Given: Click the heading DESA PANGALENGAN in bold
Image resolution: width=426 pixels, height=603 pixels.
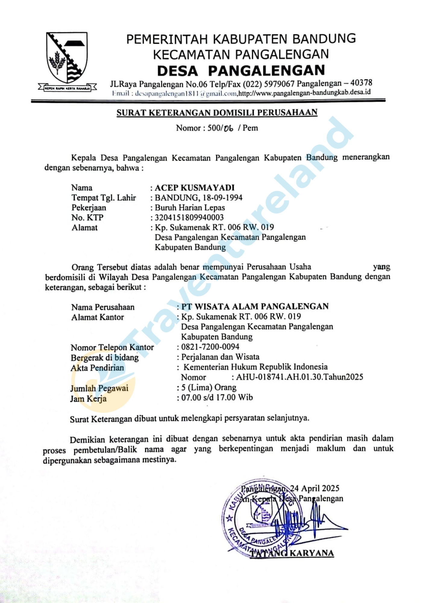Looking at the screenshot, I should pos(241,71).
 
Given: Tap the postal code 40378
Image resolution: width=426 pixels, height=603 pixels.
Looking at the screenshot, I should pos(361,83).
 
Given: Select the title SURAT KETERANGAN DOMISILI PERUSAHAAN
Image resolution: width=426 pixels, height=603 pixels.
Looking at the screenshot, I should pos(217,113).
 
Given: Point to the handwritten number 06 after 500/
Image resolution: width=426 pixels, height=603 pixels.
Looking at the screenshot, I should pos(228,128).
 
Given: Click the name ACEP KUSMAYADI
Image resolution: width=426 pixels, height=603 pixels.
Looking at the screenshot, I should pos(195,188).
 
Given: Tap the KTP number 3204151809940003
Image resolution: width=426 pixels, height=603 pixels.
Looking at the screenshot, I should pos(189,217).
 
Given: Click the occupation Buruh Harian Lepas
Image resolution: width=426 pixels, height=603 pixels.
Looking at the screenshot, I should pos(190,207).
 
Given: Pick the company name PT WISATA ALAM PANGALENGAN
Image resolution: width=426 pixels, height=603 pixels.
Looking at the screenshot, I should pos(255,306).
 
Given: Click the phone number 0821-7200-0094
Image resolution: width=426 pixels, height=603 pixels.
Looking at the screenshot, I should pos(210,347).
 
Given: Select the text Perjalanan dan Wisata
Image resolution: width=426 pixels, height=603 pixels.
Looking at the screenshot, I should pos(220,357).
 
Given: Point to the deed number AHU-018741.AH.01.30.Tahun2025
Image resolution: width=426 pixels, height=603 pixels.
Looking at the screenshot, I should pos(299,377).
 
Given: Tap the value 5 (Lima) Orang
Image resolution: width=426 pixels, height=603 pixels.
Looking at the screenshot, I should pos(209,387).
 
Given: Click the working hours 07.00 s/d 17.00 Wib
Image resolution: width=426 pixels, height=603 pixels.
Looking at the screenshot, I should pos(217,397).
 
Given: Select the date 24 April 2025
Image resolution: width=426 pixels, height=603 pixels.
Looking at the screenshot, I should pos(315,488).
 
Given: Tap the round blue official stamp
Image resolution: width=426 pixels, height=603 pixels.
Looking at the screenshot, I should pos(262,517).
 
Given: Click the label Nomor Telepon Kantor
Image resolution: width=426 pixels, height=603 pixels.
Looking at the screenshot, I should pos(112,347).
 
